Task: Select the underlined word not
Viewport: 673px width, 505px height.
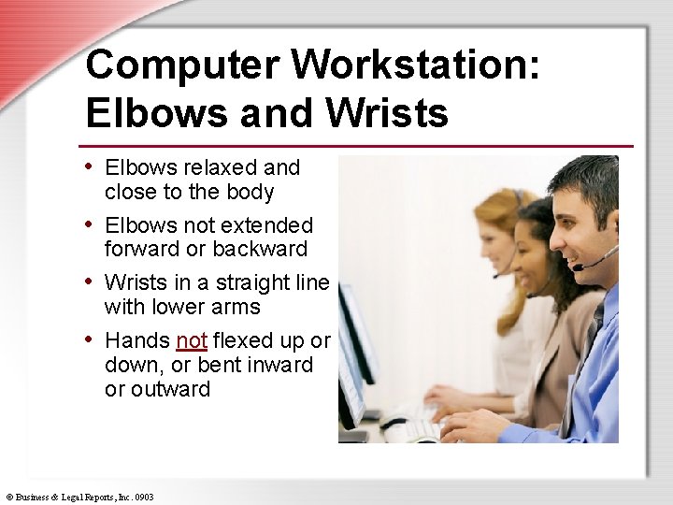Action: click(x=191, y=340)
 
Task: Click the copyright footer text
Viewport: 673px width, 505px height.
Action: click(x=79, y=498)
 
